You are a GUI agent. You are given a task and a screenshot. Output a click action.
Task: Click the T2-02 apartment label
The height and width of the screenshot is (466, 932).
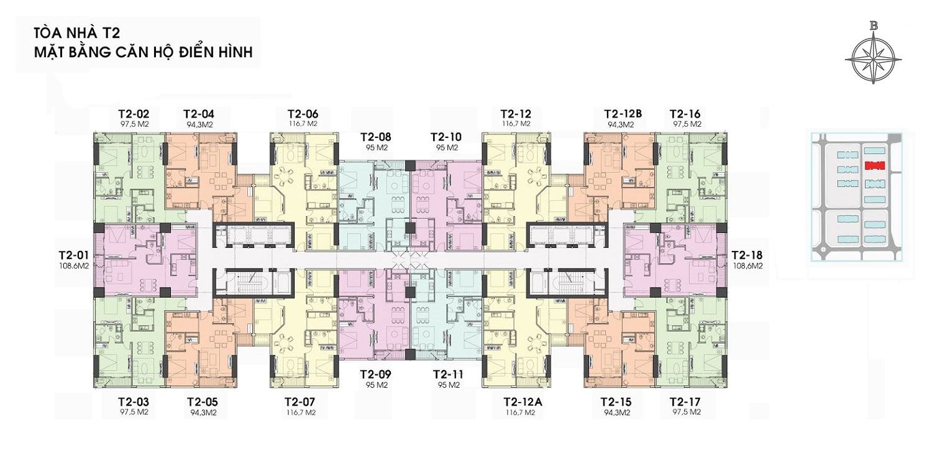(134, 114)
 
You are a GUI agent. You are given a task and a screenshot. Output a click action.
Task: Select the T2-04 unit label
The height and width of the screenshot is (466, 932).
(199, 114)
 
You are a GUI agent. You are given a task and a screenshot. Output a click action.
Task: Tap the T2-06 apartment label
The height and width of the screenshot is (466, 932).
(303, 114)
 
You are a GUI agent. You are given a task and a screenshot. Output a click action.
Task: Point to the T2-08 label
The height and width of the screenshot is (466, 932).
(376, 137)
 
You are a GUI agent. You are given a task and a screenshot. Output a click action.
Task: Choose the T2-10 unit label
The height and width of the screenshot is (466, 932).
(446, 137)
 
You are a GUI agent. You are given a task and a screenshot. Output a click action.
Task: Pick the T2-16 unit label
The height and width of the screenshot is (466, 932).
(685, 114)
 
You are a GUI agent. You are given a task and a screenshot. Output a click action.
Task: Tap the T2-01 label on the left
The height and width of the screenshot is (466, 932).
(74, 255)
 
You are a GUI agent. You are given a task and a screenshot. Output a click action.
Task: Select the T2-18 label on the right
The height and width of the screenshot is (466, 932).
(747, 255)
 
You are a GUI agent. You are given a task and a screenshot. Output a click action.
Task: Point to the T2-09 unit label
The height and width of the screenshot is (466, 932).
(376, 375)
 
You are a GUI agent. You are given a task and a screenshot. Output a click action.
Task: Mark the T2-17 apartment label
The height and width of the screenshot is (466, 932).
(685, 403)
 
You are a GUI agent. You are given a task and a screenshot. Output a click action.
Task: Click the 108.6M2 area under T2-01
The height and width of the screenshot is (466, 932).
(74, 266)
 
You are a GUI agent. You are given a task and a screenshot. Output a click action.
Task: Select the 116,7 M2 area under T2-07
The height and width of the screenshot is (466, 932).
(300, 413)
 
